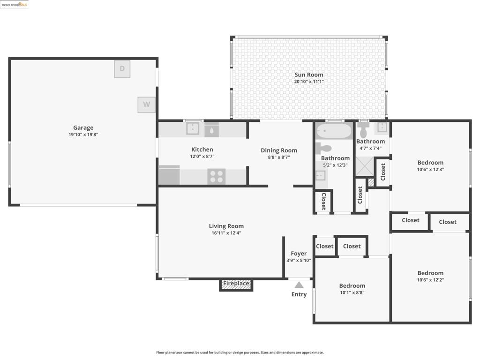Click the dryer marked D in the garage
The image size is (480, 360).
(x=122, y=69)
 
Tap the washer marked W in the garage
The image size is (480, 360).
(x=146, y=105)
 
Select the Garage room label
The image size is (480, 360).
(x=83, y=127)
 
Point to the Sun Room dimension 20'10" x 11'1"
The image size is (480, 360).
(x=309, y=82)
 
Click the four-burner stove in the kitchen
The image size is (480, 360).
(x=217, y=177)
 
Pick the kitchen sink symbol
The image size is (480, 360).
(x=193, y=128)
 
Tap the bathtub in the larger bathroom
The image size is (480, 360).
(x=334, y=131)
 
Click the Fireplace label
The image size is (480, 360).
(x=236, y=284)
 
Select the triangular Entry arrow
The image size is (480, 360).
(x=299, y=285)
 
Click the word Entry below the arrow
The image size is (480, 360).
(x=299, y=294)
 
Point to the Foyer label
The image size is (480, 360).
(x=299, y=254)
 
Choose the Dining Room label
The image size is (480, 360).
(x=279, y=150)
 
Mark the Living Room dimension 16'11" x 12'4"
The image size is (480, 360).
(x=226, y=233)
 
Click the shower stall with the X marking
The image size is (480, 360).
(x=364, y=166)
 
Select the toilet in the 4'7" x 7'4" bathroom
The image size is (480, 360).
(x=363, y=130)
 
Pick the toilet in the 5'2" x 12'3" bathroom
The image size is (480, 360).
(x=323, y=149)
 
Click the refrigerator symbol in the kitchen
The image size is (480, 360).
(x=169, y=175)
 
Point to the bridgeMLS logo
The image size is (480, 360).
(x=15, y=4)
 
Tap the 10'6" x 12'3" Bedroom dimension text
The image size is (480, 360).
(x=430, y=170)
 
